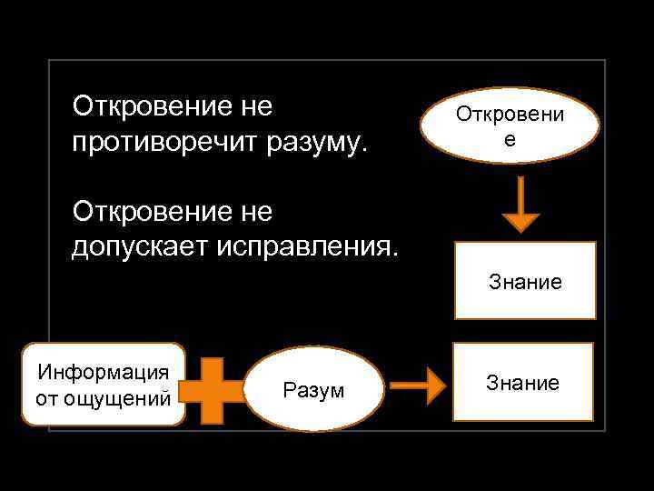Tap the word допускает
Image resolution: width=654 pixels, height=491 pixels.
pyautogui.click(x=139, y=246)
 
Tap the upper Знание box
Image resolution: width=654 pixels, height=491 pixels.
pyautogui.click(x=525, y=281)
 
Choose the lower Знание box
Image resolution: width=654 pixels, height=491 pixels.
pyautogui.click(x=523, y=382)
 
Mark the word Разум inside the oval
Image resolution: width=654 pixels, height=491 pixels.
pyautogui.click(x=313, y=390)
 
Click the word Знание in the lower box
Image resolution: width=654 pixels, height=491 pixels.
pyautogui.click(x=523, y=383)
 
